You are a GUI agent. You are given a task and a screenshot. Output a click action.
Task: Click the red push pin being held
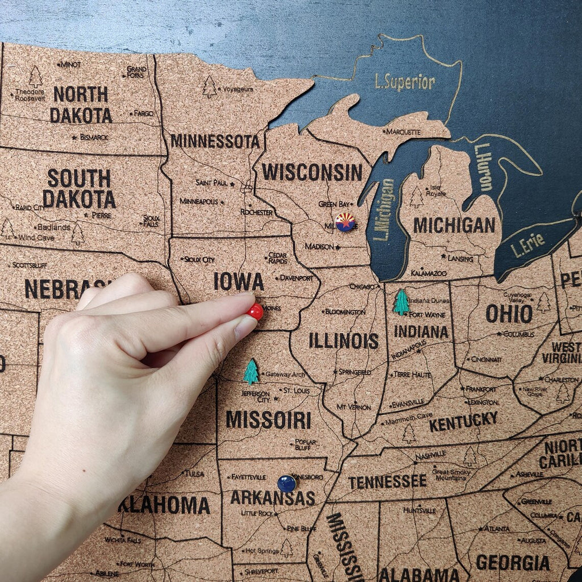(x=256, y=311)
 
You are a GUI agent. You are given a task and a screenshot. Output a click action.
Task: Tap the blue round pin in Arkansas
(x=286, y=484)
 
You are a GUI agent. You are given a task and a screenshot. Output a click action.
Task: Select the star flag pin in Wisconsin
(x=344, y=222)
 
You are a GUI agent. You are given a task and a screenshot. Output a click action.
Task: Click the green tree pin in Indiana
(x=401, y=302)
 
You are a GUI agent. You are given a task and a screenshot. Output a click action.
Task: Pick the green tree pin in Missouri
(x=251, y=372)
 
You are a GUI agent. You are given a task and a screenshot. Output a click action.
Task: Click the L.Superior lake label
(x=405, y=82)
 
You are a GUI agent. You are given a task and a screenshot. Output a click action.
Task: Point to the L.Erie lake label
(x=527, y=245)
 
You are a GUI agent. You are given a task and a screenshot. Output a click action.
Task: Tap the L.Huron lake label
(x=484, y=167)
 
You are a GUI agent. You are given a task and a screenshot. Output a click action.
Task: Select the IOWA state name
(x=239, y=281)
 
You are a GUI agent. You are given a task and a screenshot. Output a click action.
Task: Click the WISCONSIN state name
(x=312, y=172)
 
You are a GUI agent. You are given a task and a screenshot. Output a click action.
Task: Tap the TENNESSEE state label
(x=387, y=482)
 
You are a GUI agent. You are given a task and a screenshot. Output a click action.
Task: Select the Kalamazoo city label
(x=429, y=273)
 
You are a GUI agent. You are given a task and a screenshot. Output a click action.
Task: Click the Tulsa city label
(x=193, y=473)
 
